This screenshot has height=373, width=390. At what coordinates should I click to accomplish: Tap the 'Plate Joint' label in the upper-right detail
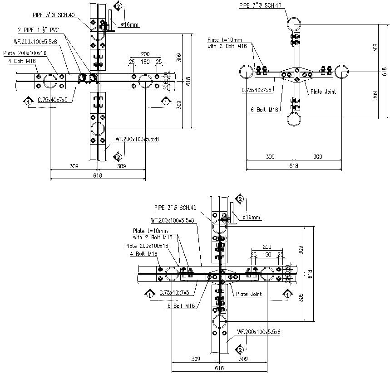(x=323, y=92)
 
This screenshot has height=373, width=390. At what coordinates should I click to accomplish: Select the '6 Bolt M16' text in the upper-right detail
(x=264, y=109)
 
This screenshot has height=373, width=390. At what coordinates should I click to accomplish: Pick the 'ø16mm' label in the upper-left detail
(x=130, y=24)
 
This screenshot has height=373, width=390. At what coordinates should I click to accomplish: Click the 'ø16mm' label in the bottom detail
(x=252, y=218)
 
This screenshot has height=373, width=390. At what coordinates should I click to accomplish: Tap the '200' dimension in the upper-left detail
(x=145, y=54)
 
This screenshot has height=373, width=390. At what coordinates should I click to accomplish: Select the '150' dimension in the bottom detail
(x=267, y=255)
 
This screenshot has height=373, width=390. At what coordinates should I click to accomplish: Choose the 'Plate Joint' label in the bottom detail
(x=249, y=294)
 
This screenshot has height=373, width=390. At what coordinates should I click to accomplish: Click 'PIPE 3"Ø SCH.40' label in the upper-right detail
(x=261, y=6)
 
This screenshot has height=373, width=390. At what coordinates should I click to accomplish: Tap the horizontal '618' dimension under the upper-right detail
(x=294, y=166)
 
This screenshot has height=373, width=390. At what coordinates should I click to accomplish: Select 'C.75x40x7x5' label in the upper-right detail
(x=257, y=90)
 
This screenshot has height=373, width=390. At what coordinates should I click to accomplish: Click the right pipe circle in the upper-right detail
(x=341, y=71)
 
